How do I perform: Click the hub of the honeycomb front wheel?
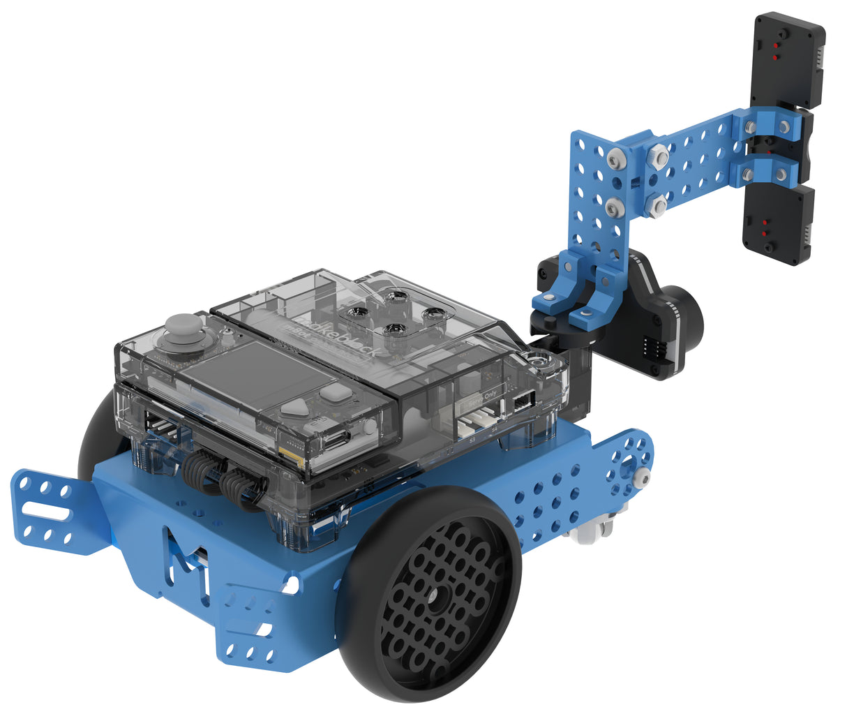click(x=437, y=599)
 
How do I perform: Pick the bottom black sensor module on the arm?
click(x=778, y=223)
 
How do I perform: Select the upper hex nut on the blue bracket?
click(x=657, y=158)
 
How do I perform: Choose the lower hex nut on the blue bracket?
click(x=657, y=205)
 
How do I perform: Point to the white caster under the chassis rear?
click(x=591, y=530)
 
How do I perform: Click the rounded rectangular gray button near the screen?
click(x=335, y=393)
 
